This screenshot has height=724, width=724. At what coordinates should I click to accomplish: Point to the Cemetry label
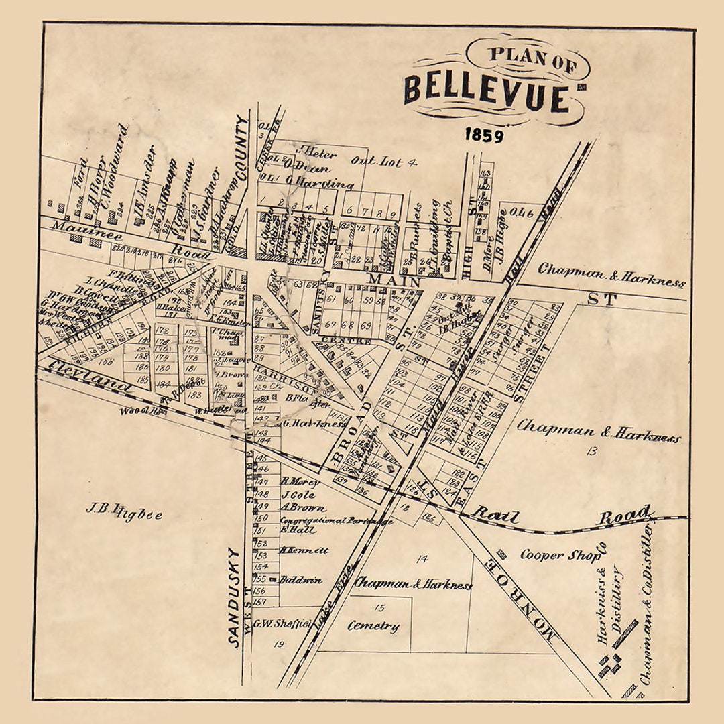point(373,627)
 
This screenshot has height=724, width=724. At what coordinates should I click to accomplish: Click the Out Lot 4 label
point(384,161)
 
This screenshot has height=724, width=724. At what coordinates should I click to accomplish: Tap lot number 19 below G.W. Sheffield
point(278,645)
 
